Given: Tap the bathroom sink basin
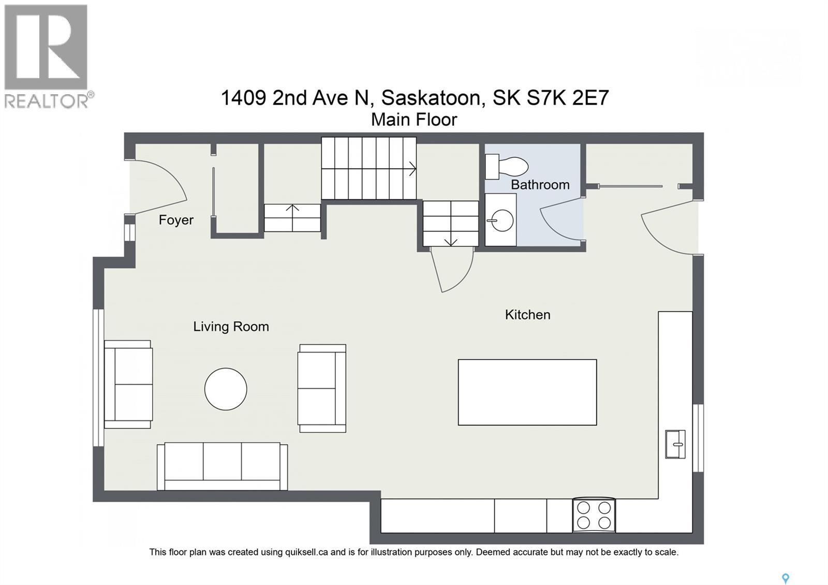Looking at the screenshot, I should (500, 221).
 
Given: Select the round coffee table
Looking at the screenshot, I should (226, 389).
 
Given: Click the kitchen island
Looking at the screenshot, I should (527, 392).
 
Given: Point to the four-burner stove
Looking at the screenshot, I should (594, 515).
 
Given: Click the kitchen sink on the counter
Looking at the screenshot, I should (675, 444).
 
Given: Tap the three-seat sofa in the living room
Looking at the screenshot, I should (222, 466).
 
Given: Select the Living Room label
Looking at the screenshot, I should (231, 327).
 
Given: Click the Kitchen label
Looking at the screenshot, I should (527, 315).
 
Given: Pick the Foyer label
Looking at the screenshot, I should (176, 220).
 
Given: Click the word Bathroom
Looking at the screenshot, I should (540, 185).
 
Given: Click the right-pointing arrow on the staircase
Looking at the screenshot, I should (412, 168).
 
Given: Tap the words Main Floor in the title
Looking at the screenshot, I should (414, 120).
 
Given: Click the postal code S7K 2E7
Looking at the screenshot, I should (568, 97).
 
